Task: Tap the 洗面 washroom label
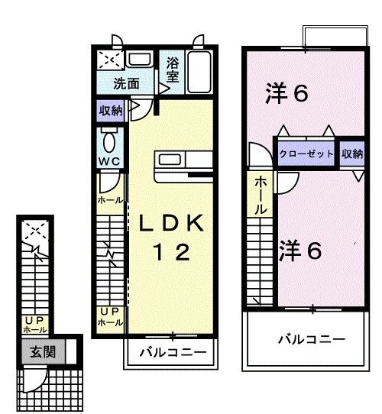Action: point(128,83)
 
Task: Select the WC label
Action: point(108,161)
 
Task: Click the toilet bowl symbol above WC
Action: point(108,140)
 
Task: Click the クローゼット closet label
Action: point(306,154)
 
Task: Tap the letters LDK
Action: point(171,223)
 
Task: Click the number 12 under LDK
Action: point(172,254)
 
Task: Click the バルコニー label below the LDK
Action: point(172,353)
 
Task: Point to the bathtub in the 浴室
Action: point(198,73)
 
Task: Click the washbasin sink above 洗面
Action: point(138,60)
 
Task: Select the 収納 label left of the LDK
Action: point(110,110)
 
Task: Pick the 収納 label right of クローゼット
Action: point(352,154)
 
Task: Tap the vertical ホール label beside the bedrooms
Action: point(261,195)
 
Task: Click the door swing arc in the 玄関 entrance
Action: point(35,378)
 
